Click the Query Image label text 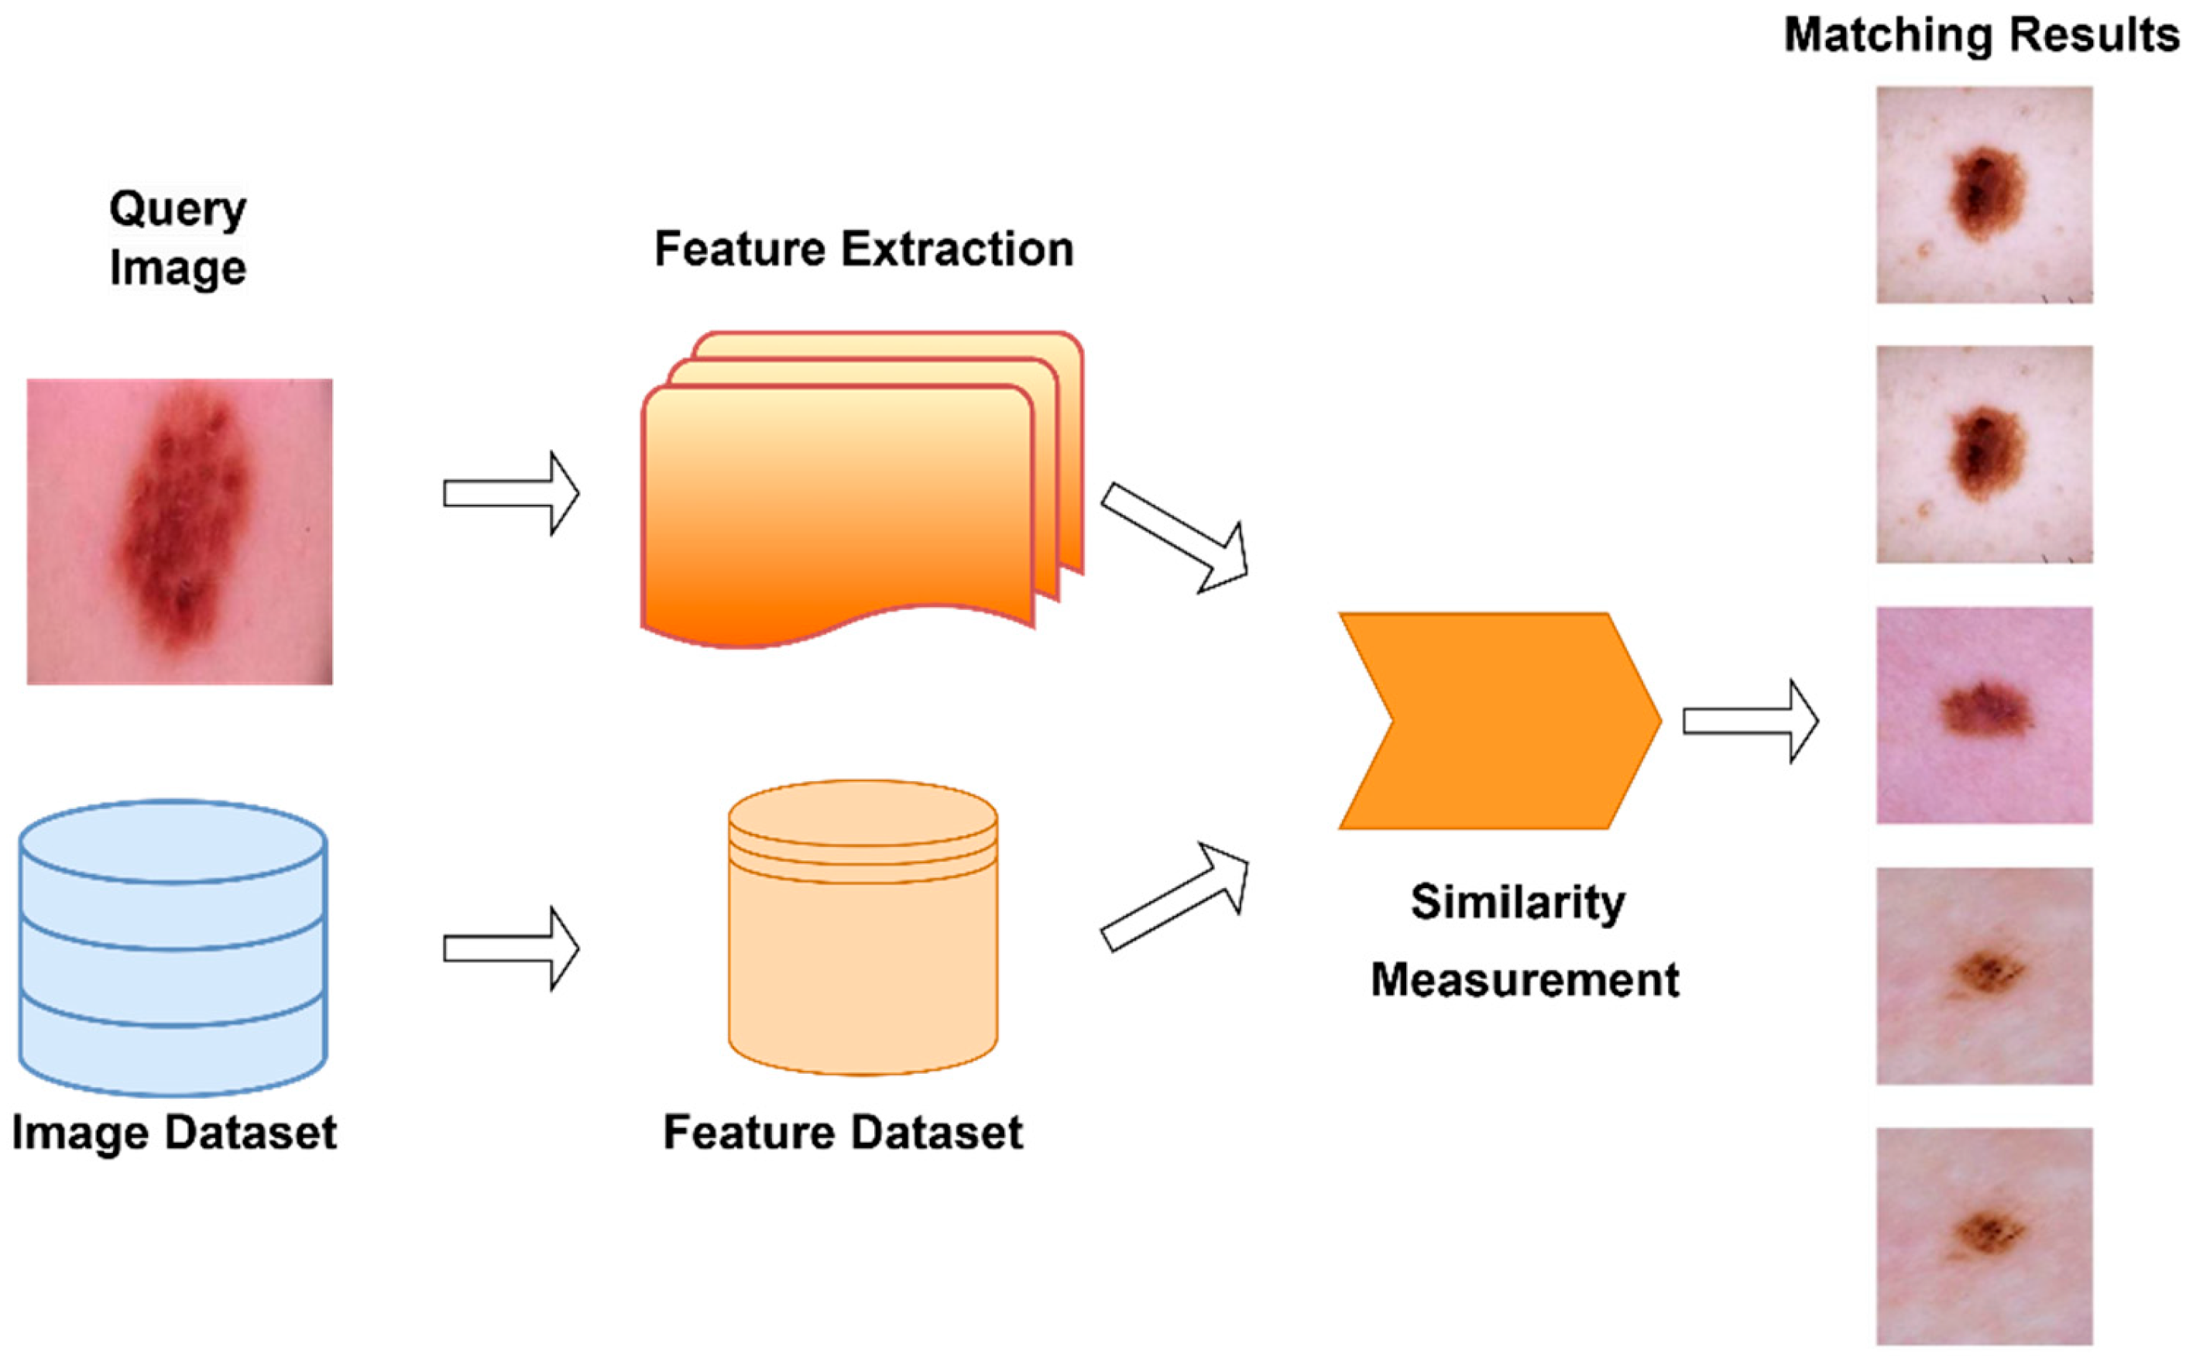(x=178, y=238)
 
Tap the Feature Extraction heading (x=863, y=249)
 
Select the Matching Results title (x=1980, y=36)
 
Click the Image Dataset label (x=174, y=1133)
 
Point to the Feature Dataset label (x=842, y=1133)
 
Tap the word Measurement (x=1524, y=979)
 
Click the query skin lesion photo (x=180, y=532)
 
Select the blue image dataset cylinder (x=173, y=947)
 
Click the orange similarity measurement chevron (x=1500, y=720)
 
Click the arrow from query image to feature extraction (x=511, y=493)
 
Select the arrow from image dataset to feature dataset (x=511, y=948)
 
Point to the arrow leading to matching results (x=1749, y=722)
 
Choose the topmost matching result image (x=1984, y=195)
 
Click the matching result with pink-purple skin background (x=1984, y=715)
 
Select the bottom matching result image (x=1984, y=1236)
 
